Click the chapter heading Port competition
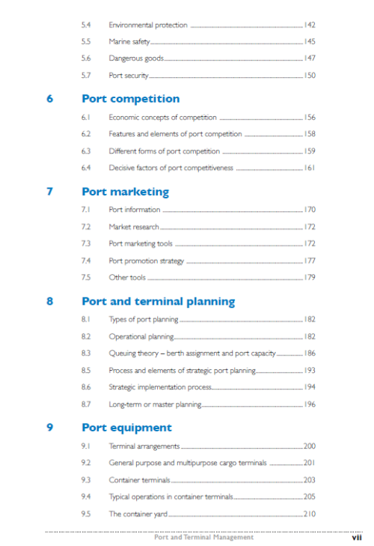(x=130, y=99)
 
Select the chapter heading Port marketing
(x=125, y=192)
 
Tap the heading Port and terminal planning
(x=158, y=302)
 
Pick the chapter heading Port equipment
(x=126, y=428)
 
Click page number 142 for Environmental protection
(x=309, y=25)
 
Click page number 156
(x=309, y=118)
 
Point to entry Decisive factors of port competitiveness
(x=171, y=168)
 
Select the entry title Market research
(x=134, y=226)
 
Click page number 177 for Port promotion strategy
(x=309, y=261)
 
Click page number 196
(x=309, y=404)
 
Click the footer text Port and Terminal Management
(x=203, y=537)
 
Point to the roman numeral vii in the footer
(x=357, y=537)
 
